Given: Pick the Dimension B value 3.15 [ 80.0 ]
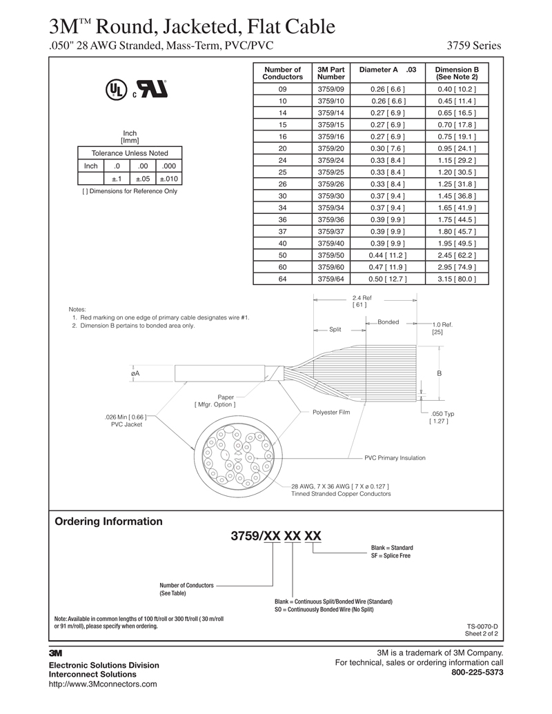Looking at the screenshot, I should click(x=456, y=279).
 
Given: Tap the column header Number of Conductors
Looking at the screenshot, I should click(x=282, y=73).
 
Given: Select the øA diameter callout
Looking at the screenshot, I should click(x=135, y=373).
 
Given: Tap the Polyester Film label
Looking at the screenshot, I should click(x=331, y=412).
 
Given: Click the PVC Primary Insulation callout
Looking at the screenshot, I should click(x=395, y=458).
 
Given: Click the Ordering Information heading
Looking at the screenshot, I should click(x=108, y=522).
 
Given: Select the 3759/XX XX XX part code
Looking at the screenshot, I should click(x=275, y=537).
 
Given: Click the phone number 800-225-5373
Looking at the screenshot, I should click(x=477, y=672).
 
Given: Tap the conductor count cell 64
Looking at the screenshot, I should click(x=282, y=279).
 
